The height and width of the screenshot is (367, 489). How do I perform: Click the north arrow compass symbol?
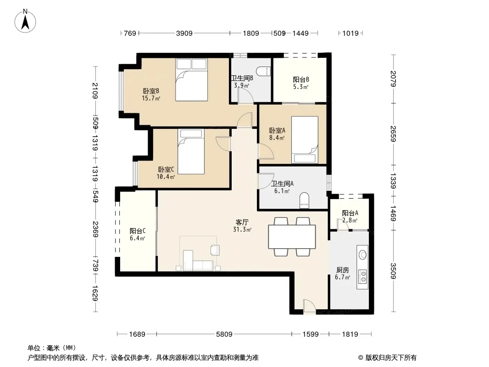pyautogui.click(x=25, y=21)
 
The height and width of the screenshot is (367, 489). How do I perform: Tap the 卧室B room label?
pyautogui.click(x=151, y=91)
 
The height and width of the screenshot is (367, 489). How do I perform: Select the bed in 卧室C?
pyautogui.click(x=191, y=151)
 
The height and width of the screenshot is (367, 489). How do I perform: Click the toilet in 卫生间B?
pyautogui.click(x=264, y=71)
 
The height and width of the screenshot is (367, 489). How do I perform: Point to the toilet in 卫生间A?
pyautogui.click(x=304, y=200)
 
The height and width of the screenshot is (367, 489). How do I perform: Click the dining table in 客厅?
pyautogui.click(x=292, y=237)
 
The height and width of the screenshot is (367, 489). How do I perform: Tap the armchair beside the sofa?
pyautogui.click(x=215, y=250)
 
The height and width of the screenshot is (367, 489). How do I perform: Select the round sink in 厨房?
pyautogui.click(x=362, y=255)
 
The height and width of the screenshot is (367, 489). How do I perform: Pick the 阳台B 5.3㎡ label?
pyautogui.click(x=301, y=83)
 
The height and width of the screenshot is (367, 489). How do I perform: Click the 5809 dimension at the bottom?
pyautogui.click(x=224, y=334)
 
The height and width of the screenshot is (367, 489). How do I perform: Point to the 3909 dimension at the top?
pyautogui.click(x=184, y=33)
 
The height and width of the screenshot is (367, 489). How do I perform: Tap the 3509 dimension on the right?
pyautogui.click(x=393, y=271)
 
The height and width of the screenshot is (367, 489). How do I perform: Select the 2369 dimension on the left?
pyautogui.click(x=95, y=229)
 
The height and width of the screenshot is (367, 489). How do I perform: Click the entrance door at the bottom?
pyautogui.click(x=309, y=306)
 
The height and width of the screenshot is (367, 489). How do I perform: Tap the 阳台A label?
pyautogui.click(x=350, y=213)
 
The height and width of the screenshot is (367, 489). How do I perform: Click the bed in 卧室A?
pyautogui.click(x=305, y=140)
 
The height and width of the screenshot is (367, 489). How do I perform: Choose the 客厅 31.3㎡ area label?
pyautogui.click(x=242, y=226)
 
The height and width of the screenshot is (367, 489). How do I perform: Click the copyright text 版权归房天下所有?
pyautogui.click(x=391, y=358)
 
